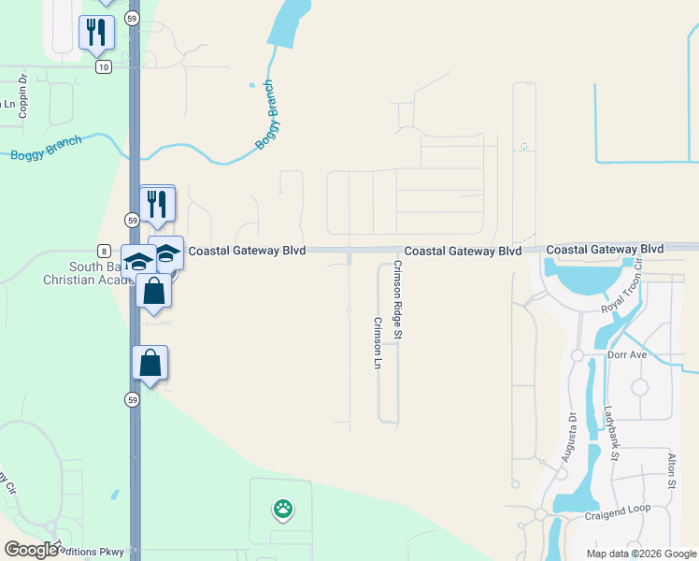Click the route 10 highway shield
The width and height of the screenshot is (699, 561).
pos(103,66)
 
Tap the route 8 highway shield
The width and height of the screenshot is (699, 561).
pos(103,251)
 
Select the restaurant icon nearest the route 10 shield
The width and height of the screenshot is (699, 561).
pos(96,34)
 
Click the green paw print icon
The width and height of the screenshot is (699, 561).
pos(282,510)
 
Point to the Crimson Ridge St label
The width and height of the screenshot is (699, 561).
pos(397,299)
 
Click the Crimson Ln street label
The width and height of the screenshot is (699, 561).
pos(378,342)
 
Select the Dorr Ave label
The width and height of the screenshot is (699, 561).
pos(627,355)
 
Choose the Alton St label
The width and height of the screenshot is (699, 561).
pos(671,471)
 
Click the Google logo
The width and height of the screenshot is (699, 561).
pos(31,549)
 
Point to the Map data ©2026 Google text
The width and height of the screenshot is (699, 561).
pos(641,554)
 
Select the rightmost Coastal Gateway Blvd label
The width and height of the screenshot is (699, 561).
pos(605,250)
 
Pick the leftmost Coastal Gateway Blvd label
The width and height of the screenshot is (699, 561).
pos(247,252)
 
